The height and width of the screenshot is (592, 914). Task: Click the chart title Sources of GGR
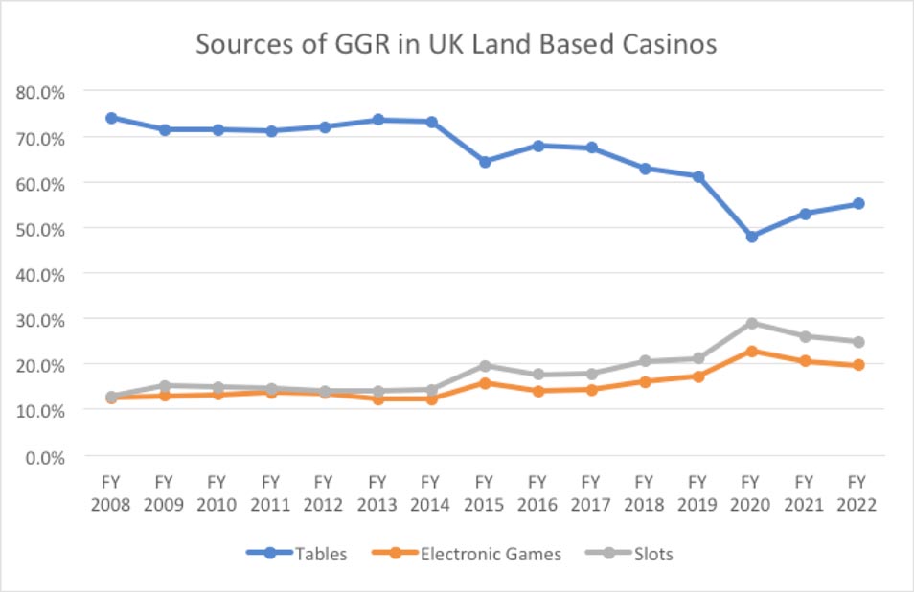pos(457,45)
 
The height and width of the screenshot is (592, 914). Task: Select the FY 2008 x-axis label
pos(111,493)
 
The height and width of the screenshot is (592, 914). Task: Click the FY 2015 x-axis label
pos(484,493)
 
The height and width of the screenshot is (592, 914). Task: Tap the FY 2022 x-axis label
pos(857,493)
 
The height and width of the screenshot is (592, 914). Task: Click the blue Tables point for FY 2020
pos(751,236)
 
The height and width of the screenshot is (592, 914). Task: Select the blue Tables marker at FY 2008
pos(111,118)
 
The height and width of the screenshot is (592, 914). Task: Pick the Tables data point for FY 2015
pos(485,162)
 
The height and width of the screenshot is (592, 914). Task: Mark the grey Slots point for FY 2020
pos(751,324)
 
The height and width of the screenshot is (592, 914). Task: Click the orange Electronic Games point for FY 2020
pos(751,352)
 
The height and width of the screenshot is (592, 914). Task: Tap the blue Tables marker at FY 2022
pos(858,203)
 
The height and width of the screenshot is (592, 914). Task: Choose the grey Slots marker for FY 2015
pos(485,366)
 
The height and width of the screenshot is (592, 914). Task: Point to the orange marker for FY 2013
pos(377,398)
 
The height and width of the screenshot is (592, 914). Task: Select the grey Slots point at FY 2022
pos(858,342)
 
